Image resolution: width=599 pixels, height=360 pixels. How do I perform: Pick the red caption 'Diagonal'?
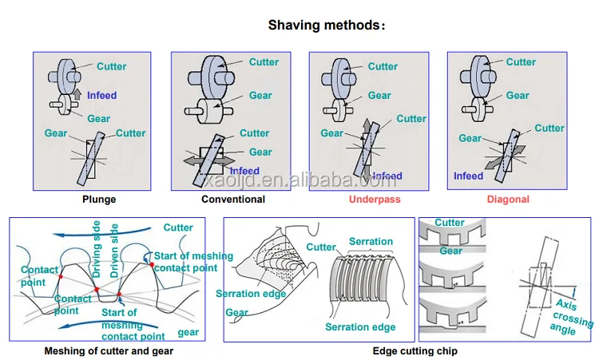(509, 199)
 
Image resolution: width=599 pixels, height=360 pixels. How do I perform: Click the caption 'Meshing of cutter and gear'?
(109, 350)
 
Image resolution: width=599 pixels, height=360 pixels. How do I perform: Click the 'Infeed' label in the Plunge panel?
(101, 96)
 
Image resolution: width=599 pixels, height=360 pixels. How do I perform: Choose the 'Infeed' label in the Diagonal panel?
(468, 176)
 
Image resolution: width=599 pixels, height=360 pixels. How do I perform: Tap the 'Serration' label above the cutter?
(371, 241)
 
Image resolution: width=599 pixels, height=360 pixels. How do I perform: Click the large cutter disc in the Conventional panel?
(216, 76)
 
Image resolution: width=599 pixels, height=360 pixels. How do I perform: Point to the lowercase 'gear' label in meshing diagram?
(188, 331)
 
